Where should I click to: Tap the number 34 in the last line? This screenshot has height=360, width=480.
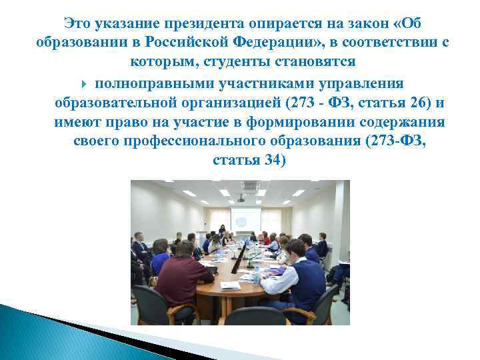[275, 161]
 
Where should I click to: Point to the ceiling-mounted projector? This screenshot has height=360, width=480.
[240, 198]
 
